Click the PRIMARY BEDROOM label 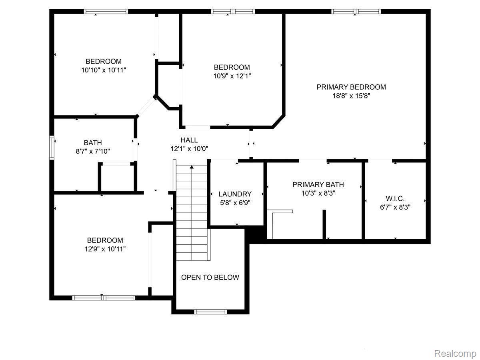pos(351,87)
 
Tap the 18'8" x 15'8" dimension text pos(351,96)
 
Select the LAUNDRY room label pos(235,194)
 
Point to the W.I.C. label pos(395,198)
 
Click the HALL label pos(189,140)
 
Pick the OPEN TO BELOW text pos(210,277)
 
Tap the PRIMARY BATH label pos(318,184)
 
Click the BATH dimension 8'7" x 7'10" pos(93,151)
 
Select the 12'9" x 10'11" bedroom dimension pos(105,249)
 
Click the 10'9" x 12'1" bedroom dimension pos(232,76)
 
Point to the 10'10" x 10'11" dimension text pos(104,70)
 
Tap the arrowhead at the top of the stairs pos(192,167)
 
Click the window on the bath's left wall pos(52,148)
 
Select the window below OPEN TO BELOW pos(210,312)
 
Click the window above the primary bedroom pos(356,11)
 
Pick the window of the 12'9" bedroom pos(104,298)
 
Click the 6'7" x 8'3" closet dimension pos(395,207)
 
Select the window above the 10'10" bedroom pos(106,11)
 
